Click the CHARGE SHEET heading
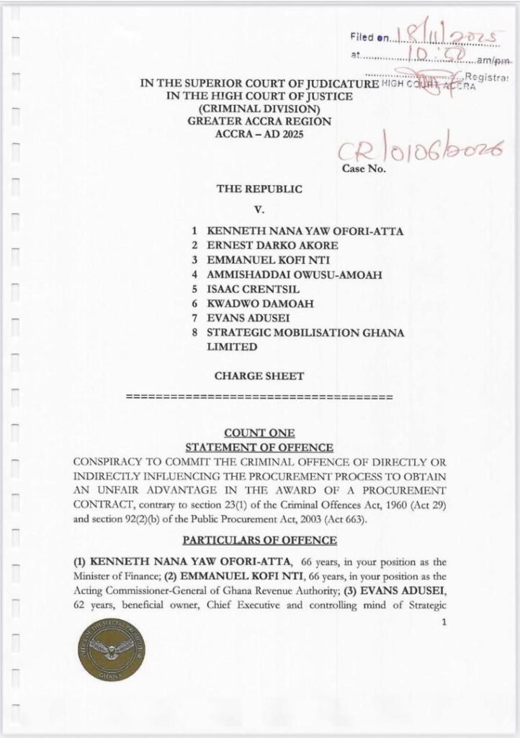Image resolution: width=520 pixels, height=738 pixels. point(259,375)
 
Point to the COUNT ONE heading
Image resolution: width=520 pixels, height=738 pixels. point(259,433)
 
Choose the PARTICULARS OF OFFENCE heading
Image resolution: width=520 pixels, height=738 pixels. point(259,539)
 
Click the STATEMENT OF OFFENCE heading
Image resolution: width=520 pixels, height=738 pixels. point(259,448)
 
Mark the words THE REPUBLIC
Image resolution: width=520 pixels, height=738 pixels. point(259,189)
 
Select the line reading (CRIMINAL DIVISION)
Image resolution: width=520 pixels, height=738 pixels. point(259,109)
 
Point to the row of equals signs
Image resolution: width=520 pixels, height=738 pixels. point(259,397)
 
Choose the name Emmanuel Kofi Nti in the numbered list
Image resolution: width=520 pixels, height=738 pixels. point(252,260)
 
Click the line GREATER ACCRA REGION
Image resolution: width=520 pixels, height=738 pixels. point(259,121)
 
